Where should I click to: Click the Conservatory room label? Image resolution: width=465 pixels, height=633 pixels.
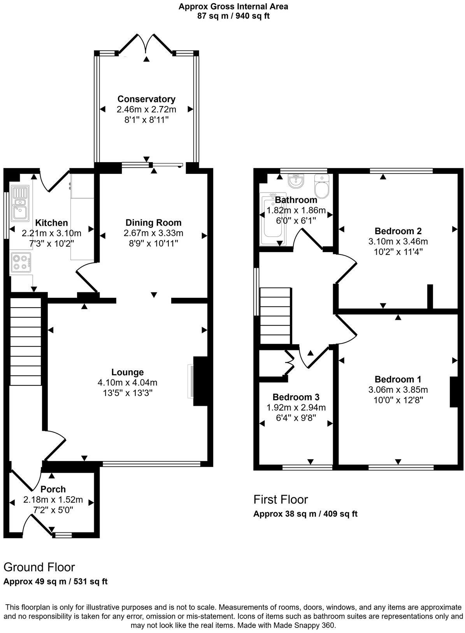tap(146, 99)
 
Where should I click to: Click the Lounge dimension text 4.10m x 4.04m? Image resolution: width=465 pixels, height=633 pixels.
tap(128, 382)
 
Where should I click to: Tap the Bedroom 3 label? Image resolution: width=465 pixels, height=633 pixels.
tap(296, 397)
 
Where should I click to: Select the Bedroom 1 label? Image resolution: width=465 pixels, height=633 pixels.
tap(398, 379)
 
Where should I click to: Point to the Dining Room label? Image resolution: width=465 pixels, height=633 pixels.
tap(153, 223)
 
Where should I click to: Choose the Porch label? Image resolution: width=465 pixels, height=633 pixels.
tap(53, 489)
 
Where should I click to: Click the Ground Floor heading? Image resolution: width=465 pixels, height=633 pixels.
tap(39, 567)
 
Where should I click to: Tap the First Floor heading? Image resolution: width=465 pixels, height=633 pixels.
tap(281, 499)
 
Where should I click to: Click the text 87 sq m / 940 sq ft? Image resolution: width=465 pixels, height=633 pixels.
tap(233, 16)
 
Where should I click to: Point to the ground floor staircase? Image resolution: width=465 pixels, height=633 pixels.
tap(25, 341)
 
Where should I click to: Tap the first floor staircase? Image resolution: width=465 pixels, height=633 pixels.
tap(275, 316)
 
